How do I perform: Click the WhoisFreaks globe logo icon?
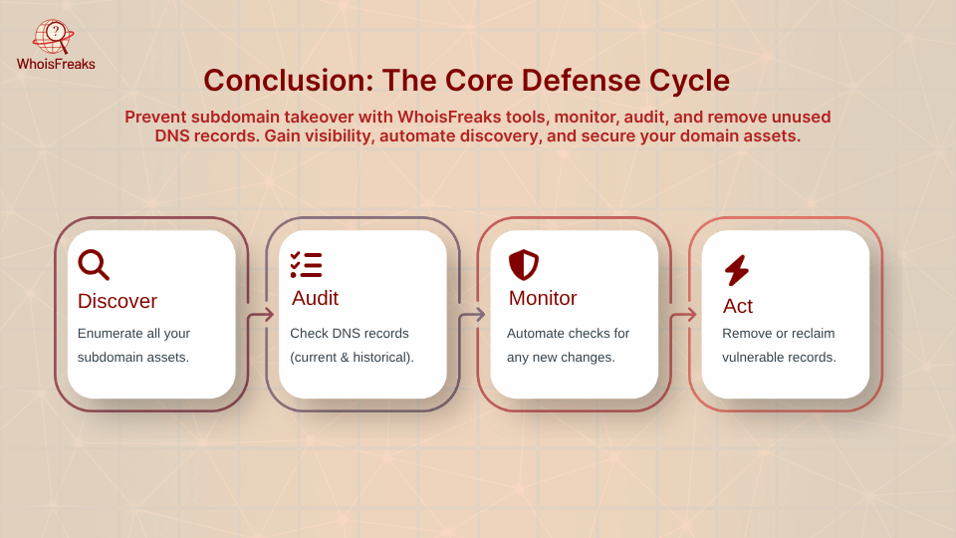click(x=54, y=37)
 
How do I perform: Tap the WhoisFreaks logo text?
click(x=56, y=64)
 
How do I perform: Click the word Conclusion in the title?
click(x=289, y=81)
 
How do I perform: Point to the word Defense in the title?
click(x=580, y=81)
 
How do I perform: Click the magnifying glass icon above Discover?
click(x=94, y=264)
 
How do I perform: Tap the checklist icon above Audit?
click(x=306, y=265)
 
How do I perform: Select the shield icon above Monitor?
click(x=524, y=265)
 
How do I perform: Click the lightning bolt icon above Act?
click(x=737, y=270)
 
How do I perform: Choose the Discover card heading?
click(x=118, y=301)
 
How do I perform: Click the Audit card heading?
click(x=315, y=298)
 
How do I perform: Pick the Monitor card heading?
click(x=543, y=298)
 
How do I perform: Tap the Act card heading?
click(x=738, y=306)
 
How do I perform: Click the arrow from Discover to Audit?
click(x=260, y=315)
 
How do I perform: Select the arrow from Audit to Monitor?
click(x=472, y=315)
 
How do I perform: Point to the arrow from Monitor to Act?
click(x=683, y=315)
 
